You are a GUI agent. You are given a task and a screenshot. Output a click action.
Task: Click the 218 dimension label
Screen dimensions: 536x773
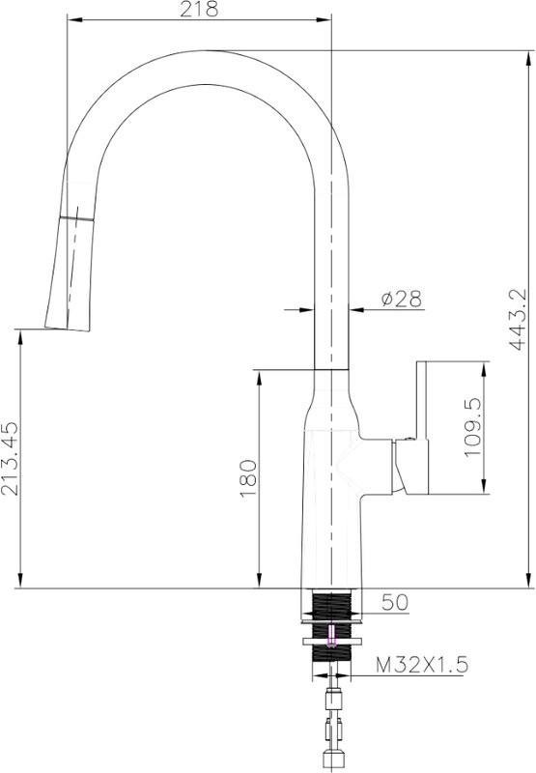tap(199, 9)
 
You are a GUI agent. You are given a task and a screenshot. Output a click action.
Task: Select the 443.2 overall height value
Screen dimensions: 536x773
tap(518, 320)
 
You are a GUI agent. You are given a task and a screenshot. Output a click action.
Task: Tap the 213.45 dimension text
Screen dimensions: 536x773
tap(11, 458)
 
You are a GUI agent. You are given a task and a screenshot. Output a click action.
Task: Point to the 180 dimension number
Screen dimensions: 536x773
tap(248, 478)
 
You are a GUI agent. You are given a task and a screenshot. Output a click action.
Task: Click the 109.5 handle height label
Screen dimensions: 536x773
tap(473, 427)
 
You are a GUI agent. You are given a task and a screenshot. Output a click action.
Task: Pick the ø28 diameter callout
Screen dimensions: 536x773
tap(402, 299)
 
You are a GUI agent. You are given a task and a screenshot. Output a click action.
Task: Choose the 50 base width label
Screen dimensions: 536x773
tap(395, 602)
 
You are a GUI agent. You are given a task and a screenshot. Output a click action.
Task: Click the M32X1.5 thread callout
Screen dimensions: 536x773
tap(422, 665)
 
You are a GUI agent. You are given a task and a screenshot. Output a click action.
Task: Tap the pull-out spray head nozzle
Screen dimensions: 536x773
tap(69, 273)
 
